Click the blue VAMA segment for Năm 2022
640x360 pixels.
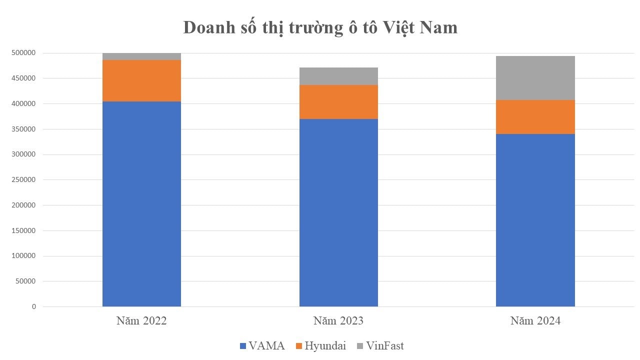point(141,204)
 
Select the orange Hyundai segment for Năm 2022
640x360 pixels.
point(141,80)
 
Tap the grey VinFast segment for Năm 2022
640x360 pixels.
point(141,56)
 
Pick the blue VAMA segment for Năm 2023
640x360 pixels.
point(338,212)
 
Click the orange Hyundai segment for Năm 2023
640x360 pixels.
point(338,102)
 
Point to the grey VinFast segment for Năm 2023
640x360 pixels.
point(338,76)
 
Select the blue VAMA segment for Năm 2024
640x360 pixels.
point(535,220)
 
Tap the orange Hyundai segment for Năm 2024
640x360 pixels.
point(535,117)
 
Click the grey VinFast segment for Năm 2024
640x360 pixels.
point(535,78)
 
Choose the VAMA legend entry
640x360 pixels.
point(262,345)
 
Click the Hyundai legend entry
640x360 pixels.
point(320,345)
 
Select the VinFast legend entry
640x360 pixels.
point(379,345)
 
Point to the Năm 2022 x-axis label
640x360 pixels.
point(141,321)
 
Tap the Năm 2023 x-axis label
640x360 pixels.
point(338,321)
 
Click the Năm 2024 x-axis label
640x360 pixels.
point(535,321)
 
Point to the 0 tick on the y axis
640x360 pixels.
point(34,306)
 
